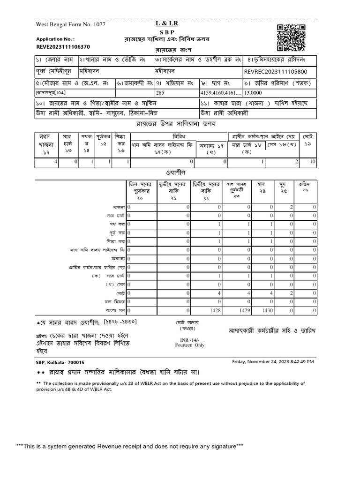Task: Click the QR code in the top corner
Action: pyautogui.click(x=291, y=37)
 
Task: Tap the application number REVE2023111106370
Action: pyautogui.click(x=63, y=47)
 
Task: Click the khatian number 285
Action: pyautogui.click(x=160, y=93)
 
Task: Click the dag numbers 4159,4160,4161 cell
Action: pyautogui.click(x=220, y=93)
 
